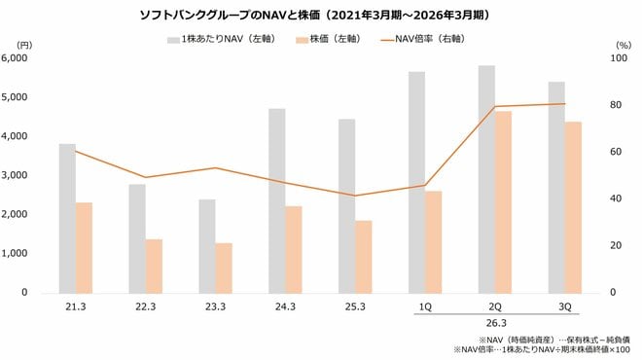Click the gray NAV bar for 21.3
pos(67,218)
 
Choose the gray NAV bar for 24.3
pos(277,200)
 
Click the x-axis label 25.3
pos(356,306)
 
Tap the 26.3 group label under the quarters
pos(495,323)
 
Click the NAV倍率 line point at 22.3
pos(146,177)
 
